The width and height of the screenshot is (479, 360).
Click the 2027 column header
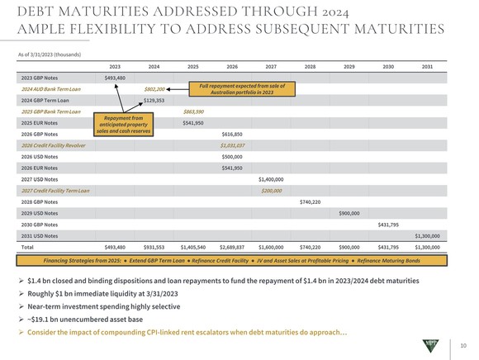[270, 65]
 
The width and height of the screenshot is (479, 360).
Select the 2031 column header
[426, 65]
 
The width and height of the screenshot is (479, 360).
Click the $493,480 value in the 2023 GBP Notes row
[115, 78]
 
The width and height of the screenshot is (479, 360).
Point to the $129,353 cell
[154, 100]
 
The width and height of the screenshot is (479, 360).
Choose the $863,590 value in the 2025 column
[193, 111]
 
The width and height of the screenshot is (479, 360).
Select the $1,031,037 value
[232, 144]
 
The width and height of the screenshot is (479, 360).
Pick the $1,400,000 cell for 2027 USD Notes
[271, 178]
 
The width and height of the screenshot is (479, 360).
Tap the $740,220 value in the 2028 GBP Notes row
[310, 201]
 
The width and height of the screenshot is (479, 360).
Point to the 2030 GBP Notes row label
[40, 224]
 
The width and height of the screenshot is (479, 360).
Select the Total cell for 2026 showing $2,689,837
[231, 246]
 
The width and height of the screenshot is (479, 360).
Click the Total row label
[26, 246]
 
